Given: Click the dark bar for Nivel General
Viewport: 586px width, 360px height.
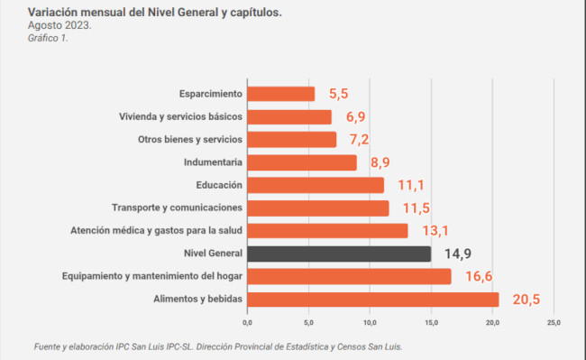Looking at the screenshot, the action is tap(339, 254).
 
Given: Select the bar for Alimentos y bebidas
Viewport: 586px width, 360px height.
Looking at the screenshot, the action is tap(373, 300).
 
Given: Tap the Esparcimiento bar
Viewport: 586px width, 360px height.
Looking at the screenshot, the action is tap(281, 94).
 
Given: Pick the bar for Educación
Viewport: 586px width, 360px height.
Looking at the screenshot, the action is tap(316, 185).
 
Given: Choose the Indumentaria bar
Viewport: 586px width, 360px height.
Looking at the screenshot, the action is tap(302, 162).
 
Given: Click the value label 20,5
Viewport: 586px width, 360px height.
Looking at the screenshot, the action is tap(526, 300).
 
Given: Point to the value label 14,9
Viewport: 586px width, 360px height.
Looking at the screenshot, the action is tap(458, 254).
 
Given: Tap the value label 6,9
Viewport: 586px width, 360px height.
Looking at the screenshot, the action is tap(356, 116).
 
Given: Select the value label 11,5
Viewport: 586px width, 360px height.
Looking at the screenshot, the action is tap(417, 208).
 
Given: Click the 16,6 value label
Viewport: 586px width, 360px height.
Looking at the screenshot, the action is tap(479, 277).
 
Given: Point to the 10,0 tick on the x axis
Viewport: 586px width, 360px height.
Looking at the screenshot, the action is tap(370, 323).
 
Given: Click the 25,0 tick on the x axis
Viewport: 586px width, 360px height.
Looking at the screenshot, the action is tap(554, 323).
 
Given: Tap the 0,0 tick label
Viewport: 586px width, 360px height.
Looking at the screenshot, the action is tap(247, 323).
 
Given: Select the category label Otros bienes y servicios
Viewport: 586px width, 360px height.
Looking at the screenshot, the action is tap(190, 140).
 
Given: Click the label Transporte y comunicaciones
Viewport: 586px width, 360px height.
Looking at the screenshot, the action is tap(177, 208).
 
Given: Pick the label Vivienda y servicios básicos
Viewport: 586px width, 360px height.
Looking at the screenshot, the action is tap(181, 116).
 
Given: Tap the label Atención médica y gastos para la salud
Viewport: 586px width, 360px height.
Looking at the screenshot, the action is tap(157, 231).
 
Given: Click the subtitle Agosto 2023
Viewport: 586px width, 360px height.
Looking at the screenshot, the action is tap(60, 25).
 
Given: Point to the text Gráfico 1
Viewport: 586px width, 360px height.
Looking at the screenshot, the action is tap(48, 38).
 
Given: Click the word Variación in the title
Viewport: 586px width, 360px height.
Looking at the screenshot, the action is tap(52, 13).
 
